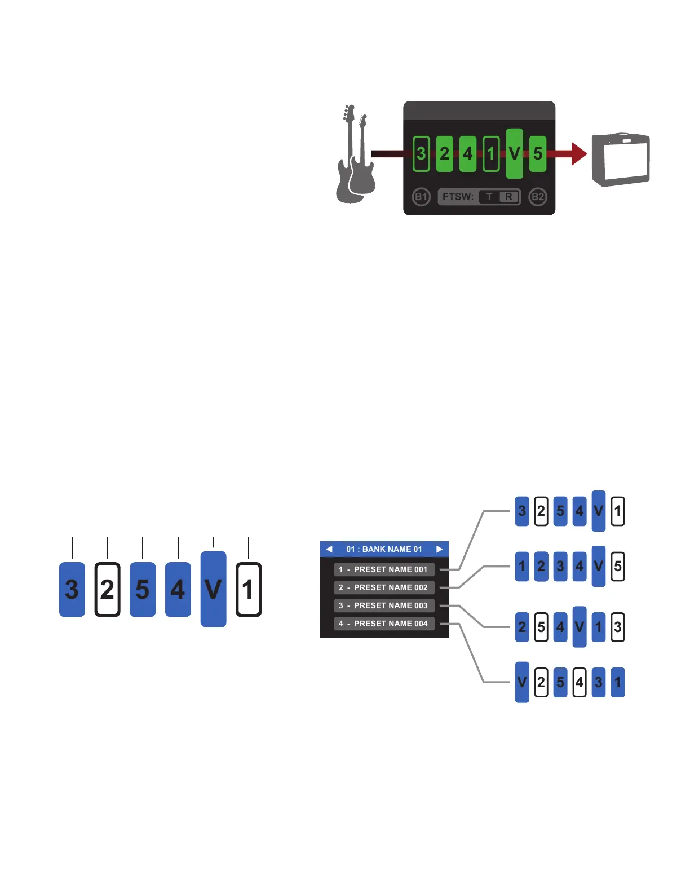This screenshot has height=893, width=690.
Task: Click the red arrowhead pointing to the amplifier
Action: click(578, 153)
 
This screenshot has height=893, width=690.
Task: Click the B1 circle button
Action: click(421, 197)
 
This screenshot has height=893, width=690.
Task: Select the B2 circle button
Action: click(538, 197)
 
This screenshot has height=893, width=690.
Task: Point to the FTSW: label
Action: click(458, 197)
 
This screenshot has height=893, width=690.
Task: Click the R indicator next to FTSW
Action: click(508, 197)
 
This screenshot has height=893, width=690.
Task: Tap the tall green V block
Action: click(514, 153)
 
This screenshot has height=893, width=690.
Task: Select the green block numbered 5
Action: click(538, 153)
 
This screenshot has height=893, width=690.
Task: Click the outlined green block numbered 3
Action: click(421, 153)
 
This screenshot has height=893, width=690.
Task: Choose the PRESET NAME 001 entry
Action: click(384, 569)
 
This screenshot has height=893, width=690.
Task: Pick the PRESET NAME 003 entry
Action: click(384, 605)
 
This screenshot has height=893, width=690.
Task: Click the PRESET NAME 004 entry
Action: click(384, 624)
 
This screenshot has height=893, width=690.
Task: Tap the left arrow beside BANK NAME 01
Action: click(329, 549)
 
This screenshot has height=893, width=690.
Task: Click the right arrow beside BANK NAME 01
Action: click(439, 549)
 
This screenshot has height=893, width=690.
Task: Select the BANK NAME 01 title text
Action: click(384, 549)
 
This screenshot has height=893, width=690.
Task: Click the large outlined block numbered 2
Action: click(107, 589)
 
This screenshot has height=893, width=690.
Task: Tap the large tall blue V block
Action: click(213, 589)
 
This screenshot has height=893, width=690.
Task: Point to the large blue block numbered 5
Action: click(143, 589)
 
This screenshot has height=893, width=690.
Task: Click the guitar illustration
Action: click(354, 155)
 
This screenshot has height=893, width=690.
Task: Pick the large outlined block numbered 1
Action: click(248, 589)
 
